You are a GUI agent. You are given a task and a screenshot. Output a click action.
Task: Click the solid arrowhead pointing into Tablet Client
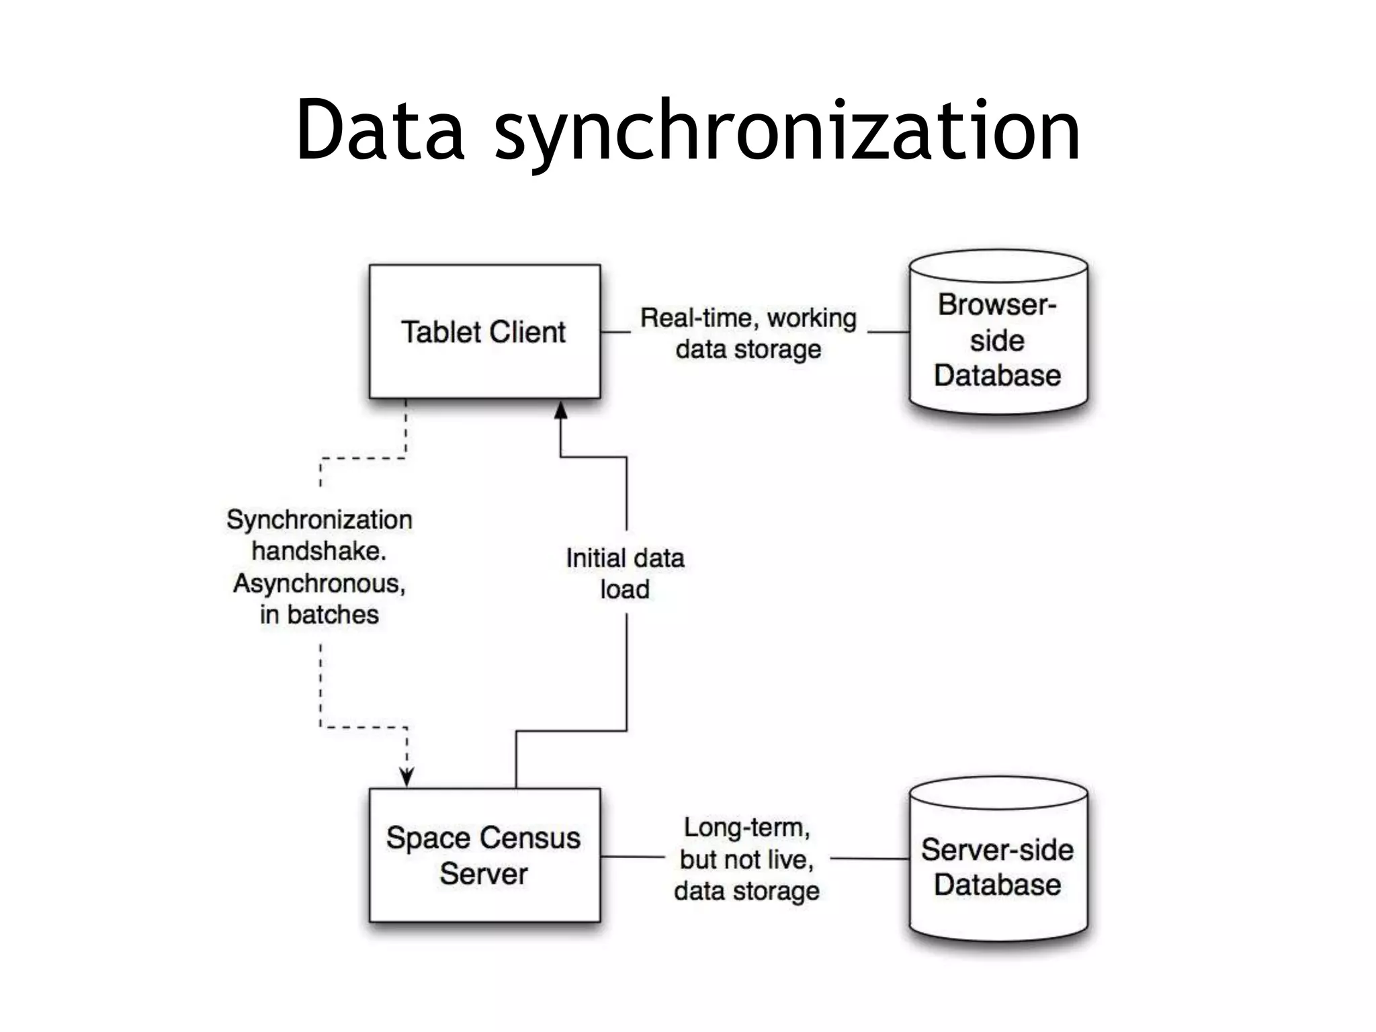[x=561, y=410]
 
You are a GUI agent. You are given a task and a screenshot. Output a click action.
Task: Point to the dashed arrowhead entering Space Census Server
[x=406, y=777]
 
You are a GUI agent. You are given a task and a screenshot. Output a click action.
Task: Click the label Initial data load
[x=625, y=573]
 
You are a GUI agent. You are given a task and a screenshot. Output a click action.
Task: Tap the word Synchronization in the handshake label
[x=319, y=519]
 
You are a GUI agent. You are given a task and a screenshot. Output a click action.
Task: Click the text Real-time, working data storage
[x=748, y=333]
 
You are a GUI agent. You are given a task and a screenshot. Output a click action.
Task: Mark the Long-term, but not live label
[x=747, y=843]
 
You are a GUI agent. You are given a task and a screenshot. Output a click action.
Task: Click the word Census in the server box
[x=531, y=838]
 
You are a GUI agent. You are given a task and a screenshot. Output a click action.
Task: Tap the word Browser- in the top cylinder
[x=997, y=304]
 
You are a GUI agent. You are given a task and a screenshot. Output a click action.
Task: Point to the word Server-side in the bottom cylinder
[x=997, y=850]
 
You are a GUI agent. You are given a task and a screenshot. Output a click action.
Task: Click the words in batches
[x=319, y=614]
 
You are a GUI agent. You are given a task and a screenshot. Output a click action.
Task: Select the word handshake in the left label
[x=318, y=551]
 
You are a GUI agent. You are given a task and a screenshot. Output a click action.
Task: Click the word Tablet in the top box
[x=441, y=332]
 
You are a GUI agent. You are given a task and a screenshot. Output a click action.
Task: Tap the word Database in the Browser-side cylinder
[x=997, y=375]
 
